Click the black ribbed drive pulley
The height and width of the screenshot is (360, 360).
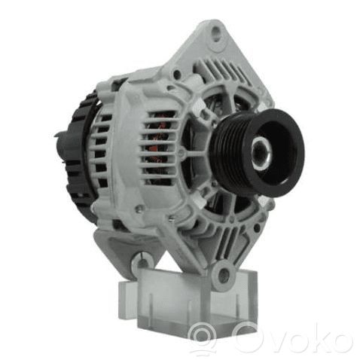click(256, 153)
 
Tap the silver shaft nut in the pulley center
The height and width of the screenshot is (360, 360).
click(261, 153)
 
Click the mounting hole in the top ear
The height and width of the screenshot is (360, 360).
click(216, 34)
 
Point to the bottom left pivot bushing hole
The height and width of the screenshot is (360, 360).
click(143, 261)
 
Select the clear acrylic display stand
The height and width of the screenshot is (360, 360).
click(188, 301)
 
